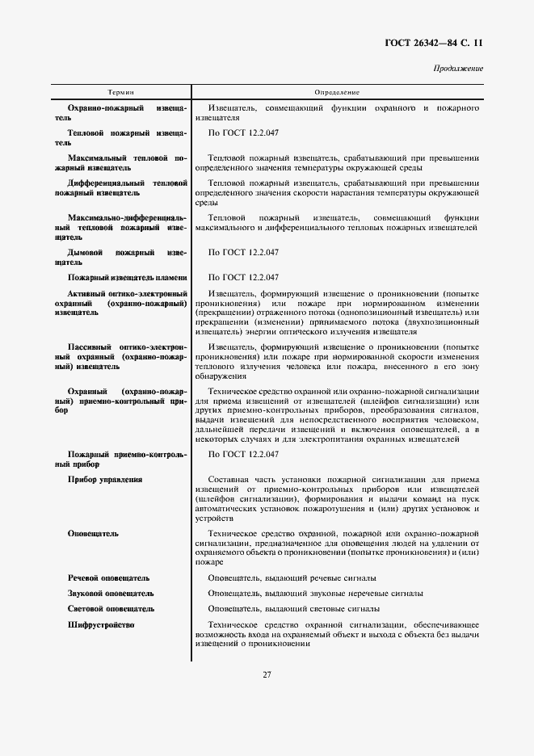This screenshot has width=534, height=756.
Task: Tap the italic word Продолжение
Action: (458, 69)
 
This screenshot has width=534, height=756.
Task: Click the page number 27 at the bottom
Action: (267, 674)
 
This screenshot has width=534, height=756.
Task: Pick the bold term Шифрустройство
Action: (101, 625)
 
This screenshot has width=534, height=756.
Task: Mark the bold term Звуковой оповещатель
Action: (111, 594)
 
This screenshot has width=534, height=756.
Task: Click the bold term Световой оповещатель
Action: (111, 609)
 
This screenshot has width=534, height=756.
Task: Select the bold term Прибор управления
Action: (105, 479)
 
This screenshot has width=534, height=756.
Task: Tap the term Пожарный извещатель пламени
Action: (128, 277)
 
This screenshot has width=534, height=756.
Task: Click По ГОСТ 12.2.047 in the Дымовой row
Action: (243, 253)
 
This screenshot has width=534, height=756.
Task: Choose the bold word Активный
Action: (90, 293)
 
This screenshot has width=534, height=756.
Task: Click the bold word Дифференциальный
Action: (106, 183)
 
